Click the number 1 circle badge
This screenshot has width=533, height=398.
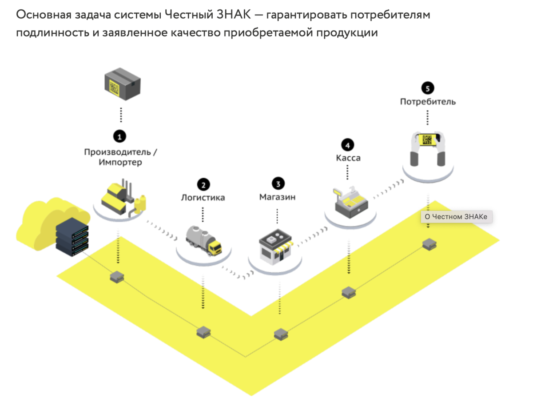(119, 136)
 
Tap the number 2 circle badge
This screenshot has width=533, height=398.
(203, 184)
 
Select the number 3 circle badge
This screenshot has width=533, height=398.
(278, 183)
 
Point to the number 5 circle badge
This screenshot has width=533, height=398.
(427, 88)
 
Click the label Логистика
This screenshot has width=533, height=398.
(203, 198)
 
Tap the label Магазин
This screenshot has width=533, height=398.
(278, 197)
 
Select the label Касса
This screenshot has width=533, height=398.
(348, 158)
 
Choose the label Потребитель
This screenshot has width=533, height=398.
(428, 102)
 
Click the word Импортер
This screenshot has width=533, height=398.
(121, 163)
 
